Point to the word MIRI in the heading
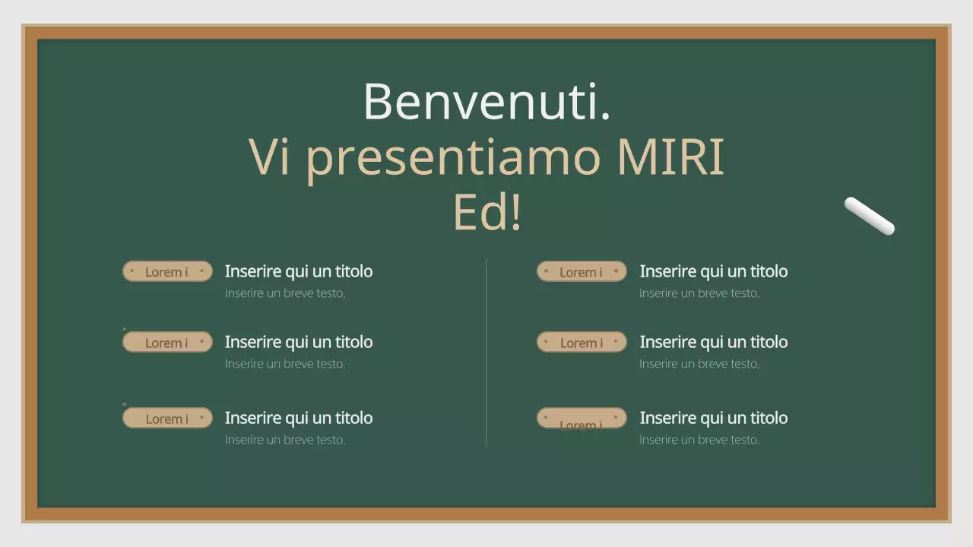pyautogui.click(x=670, y=157)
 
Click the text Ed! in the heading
pyautogui.click(x=487, y=213)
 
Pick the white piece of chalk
pyautogui.click(x=870, y=216)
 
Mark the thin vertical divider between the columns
pyautogui.click(x=486, y=353)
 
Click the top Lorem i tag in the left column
pyautogui.click(x=167, y=271)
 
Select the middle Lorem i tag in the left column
pyautogui.click(x=167, y=342)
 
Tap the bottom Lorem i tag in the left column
pyautogui.click(x=167, y=418)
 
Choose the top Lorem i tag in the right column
pyautogui.click(x=582, y=271)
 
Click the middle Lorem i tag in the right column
pyautogui.click(x=582, y=342)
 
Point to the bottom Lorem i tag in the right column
pyautogui.click(x=582, y=419)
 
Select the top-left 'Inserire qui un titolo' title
pyautogui.click(x=299, y=271)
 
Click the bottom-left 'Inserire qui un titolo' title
pyautogui.click(x=299, y=418)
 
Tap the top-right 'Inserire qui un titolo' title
pyautogui.click(x=713, y=271)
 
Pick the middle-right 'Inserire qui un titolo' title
pyautogui.click(x=713, y=342)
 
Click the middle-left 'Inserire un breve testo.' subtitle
pyautogui.click(x=285, y=364)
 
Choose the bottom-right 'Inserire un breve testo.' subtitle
pyautogui.click(x=699, y=440)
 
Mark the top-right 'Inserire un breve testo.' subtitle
pyautogui.click(x=699, y=293)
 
